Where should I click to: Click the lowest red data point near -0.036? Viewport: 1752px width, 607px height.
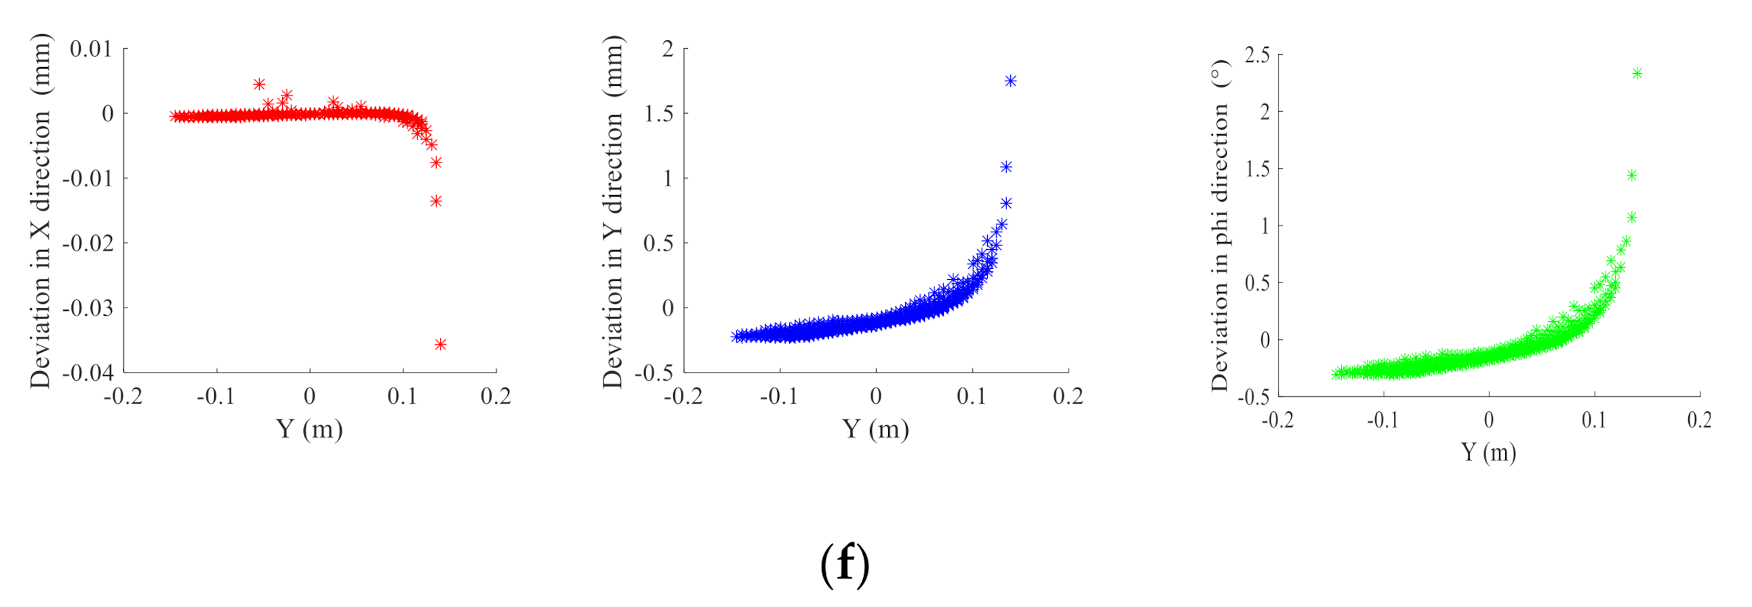pos(440,345)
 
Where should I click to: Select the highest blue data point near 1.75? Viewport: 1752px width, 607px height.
pos(1011,81)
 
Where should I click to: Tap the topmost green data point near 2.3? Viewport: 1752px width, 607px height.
pos(1637,73)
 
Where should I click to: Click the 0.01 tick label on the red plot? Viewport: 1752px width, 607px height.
pos(90,49)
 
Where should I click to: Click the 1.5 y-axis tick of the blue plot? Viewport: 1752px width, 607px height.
pos(658,114)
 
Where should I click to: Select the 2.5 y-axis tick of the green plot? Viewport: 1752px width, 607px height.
pos(1257,55)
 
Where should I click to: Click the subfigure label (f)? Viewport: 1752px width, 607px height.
pos(844,564)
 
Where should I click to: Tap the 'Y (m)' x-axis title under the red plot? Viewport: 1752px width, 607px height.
pos(309,429)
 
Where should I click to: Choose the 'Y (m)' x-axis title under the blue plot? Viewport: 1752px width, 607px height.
pos(875,429)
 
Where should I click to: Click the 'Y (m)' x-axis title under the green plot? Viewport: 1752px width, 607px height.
pos(1489,452)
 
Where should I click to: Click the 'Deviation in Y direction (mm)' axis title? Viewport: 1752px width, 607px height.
pos(614,211)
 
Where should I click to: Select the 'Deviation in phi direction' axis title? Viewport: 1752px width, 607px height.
pos(1220,226)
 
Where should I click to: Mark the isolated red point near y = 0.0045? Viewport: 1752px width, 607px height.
pos(259,84)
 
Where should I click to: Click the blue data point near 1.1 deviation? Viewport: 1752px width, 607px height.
pos(1006,167)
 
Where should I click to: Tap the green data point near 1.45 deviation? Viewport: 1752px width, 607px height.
pos(1631,175)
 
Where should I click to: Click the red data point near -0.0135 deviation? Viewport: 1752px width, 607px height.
pos(436,201)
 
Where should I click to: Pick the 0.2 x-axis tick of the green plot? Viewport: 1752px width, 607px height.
pos(1699,420)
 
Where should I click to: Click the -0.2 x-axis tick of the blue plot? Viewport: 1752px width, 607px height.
pos(683,396)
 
